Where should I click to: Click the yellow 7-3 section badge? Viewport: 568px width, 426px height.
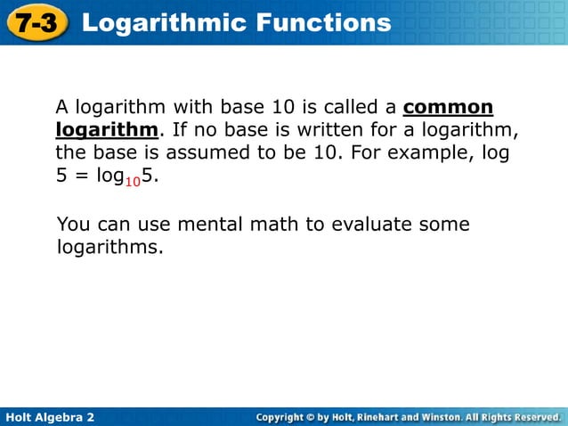click(x=37, y=22)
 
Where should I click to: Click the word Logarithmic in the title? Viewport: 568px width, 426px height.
click(x=159, y=22)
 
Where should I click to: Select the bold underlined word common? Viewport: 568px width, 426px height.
click(x=448, y=108)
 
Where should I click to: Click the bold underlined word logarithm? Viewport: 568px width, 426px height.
click(x=107, y=130)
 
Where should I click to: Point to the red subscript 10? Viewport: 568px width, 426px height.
click(x=133, y=181)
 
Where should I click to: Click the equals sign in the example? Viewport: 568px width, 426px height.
click(x=77, y=176)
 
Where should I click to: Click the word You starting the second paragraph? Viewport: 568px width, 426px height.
click(x=73, y=224)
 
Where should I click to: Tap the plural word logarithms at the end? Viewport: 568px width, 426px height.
click(x=110, y=246)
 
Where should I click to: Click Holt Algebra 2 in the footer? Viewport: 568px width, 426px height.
click(x=50, y=417)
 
